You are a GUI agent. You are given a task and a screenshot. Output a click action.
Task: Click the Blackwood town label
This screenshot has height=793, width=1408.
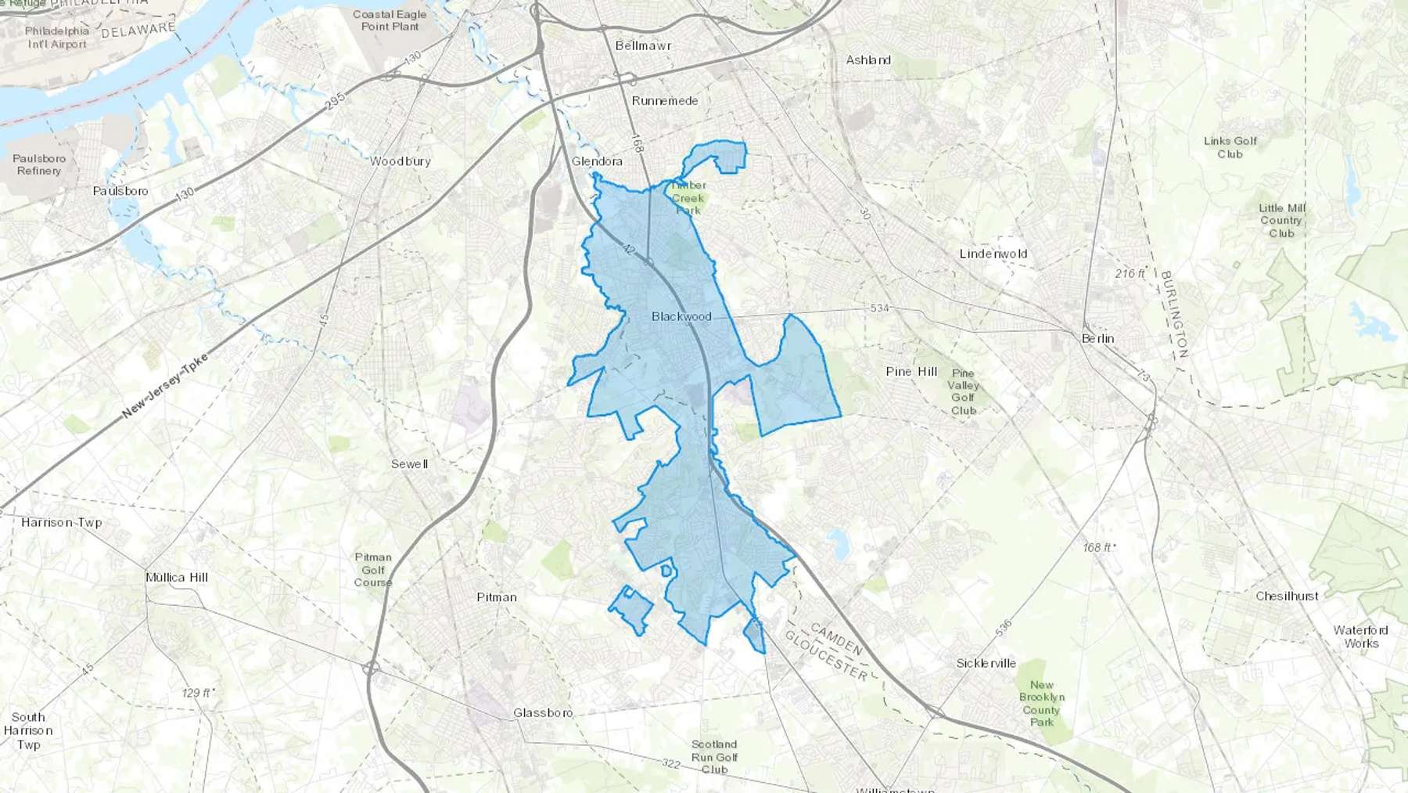point(681,316)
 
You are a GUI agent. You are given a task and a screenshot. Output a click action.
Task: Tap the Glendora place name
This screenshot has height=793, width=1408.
point(597,161)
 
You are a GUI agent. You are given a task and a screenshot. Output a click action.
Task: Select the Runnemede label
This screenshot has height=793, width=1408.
point(664,101)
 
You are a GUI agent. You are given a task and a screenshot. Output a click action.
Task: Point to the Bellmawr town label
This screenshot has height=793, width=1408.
point(643,46)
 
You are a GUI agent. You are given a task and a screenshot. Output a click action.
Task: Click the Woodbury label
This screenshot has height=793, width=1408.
point(400,161)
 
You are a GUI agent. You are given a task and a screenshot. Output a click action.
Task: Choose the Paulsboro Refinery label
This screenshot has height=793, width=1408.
point(39,164)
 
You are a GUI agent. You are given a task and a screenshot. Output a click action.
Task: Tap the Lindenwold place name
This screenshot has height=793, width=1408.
point(993,254)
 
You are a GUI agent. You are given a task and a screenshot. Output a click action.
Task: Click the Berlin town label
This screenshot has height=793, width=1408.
point(1097,338)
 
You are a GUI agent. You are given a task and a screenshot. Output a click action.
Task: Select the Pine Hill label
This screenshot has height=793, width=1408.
point(911,372)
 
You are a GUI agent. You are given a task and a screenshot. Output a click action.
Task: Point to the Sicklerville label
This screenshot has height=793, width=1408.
point(986,663)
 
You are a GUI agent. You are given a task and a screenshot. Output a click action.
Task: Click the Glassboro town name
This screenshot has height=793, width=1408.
point(543,712)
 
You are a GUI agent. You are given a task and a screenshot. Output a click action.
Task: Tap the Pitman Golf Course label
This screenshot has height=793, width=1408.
point(373,570)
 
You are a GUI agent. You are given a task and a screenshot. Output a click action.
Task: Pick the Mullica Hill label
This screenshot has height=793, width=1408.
point(177,578)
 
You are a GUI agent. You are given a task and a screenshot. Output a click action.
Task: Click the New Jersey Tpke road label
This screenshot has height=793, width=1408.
point(165,385)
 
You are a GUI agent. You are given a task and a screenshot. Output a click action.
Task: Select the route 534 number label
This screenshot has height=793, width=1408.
point(880,308)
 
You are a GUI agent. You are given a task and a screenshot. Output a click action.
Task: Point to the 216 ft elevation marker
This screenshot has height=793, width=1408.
point(1130,273)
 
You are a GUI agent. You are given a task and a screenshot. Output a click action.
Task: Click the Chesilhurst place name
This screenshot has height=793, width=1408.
point(1287,596)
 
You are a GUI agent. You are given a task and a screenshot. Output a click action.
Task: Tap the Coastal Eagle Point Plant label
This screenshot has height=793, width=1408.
point(390,20)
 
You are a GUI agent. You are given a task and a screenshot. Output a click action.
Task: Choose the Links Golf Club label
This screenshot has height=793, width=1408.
point(1230,147)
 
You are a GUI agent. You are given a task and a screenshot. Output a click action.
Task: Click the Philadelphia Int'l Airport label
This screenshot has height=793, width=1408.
point(57,38)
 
